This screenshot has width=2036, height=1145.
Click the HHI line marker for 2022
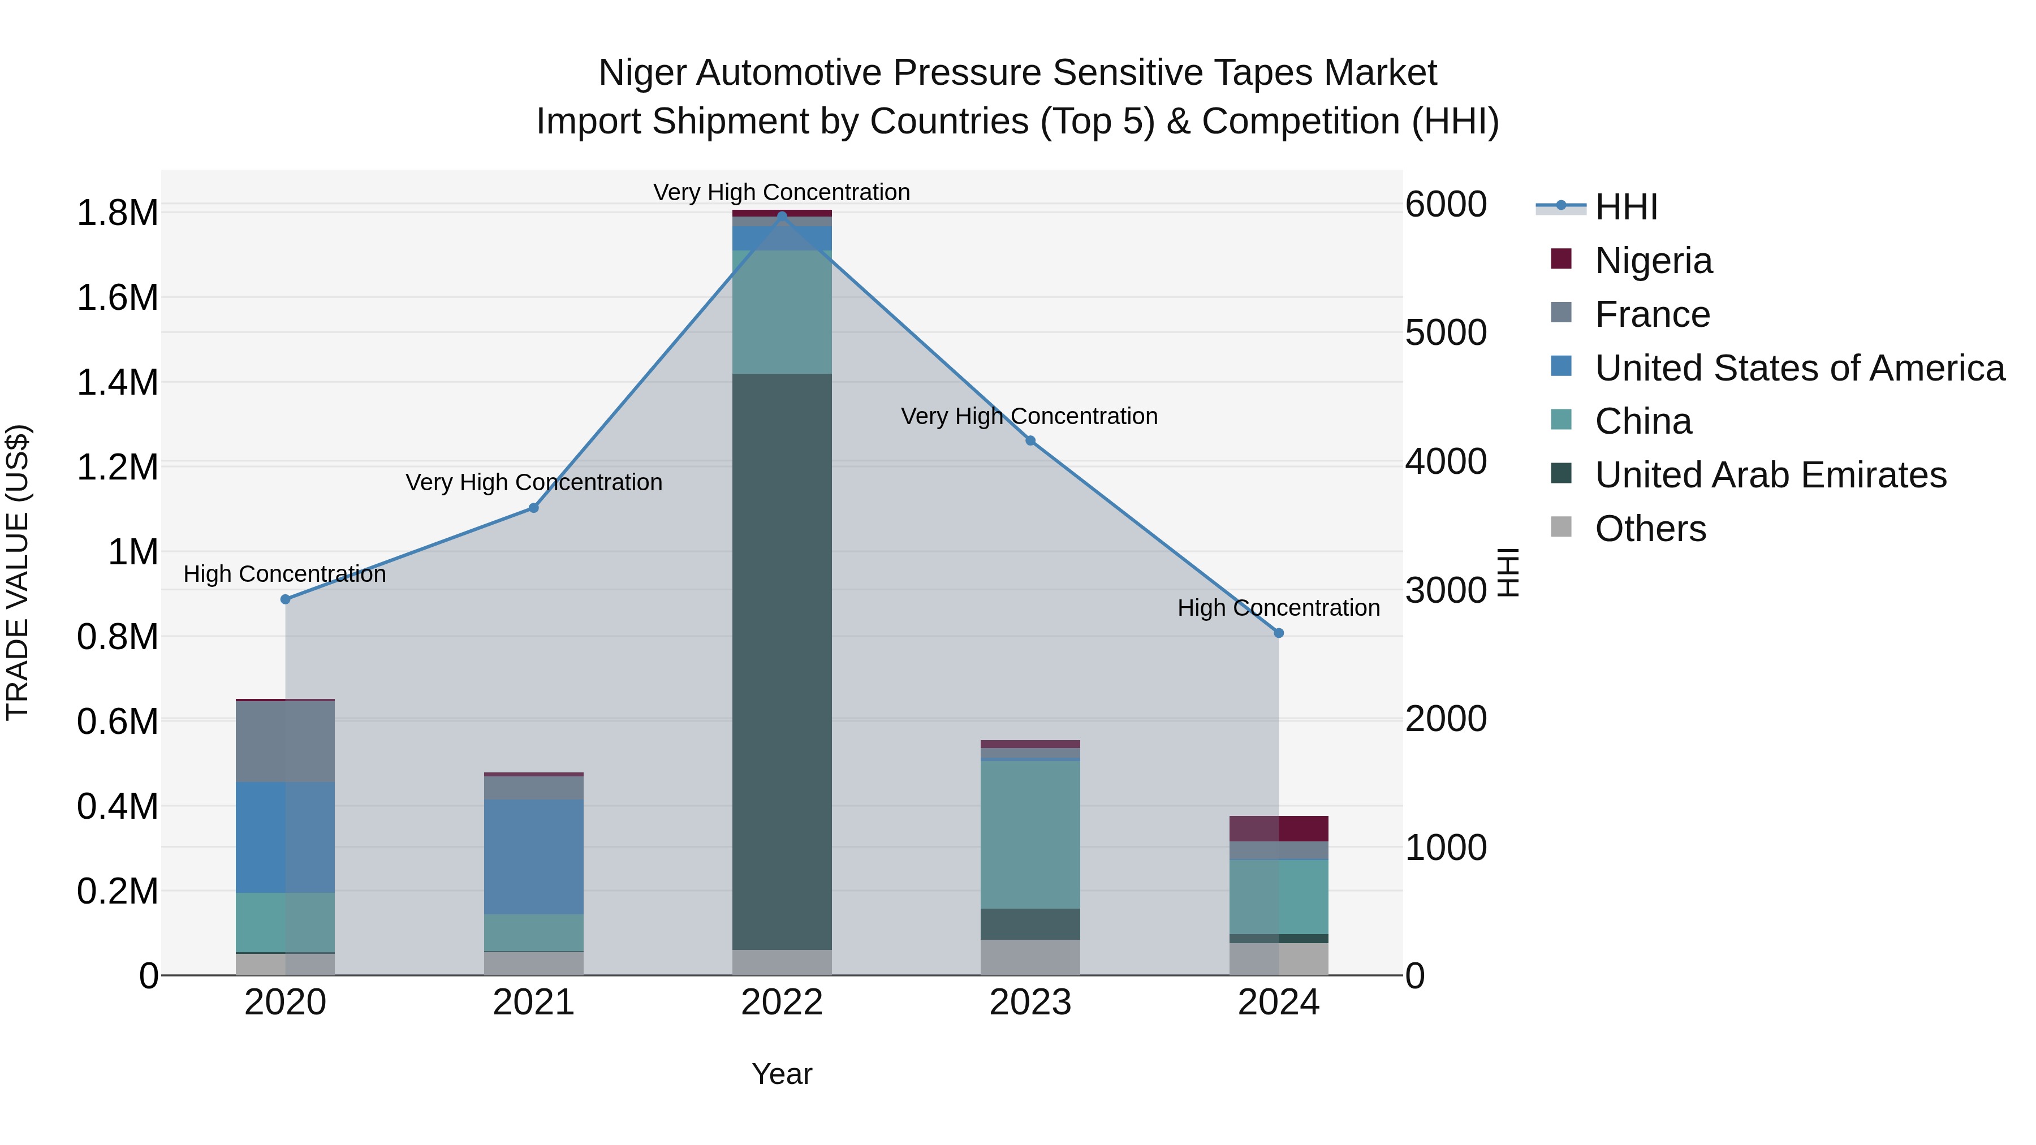tap(782, 216)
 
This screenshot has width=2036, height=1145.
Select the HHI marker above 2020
tap(286, 599)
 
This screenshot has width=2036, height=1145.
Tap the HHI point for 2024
tap(1278, 633)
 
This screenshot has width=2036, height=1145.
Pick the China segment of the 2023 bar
tap(1030, 833)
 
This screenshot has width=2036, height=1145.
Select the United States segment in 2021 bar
tap(533, 857)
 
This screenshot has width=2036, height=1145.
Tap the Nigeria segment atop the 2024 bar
tap(1278, 828)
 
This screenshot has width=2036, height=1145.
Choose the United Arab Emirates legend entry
tap(1770, 475)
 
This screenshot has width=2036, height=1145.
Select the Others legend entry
tap(1650, 529)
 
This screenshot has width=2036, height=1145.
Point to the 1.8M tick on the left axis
tap(118, 213)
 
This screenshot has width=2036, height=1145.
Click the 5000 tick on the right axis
tap(1446, 332)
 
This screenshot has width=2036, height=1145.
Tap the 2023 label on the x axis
tap(1030, 1003)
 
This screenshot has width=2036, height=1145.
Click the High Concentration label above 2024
tap(1278, 608)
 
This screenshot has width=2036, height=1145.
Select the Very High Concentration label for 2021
tap(533, 482)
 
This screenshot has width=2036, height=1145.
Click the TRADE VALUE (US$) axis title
tap(18, 572)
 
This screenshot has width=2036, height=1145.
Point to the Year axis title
tap(782, 1074)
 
